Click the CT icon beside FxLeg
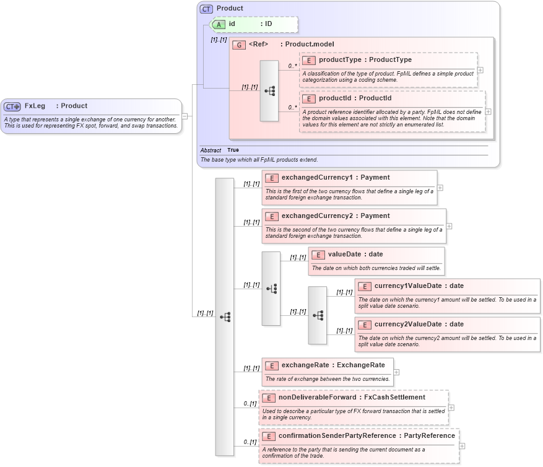12,106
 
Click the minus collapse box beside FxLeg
185,116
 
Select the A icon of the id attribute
220,24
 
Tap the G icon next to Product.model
239,45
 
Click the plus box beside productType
480,70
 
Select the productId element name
336,98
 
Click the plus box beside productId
489,111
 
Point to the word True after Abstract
233,150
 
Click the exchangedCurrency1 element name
316,178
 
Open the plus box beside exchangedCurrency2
449,226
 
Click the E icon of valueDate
318,255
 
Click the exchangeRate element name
306,365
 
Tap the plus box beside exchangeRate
396,372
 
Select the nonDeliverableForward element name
318,398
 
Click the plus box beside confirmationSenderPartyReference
463,446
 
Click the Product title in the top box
230,9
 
